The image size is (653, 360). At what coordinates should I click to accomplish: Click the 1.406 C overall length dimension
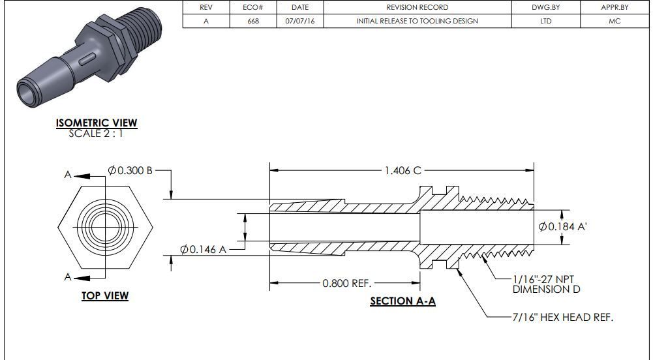[x=402, y=170]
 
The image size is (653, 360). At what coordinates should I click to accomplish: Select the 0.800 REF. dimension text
[x=346, y=283]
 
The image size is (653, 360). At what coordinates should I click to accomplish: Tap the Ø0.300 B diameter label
[x=130, y=170]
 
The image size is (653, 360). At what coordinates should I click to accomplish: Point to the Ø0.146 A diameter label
[x=203, y=249]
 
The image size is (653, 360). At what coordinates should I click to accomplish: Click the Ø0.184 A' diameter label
[x=564, y=226]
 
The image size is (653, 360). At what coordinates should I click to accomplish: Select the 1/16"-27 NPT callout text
[x=546, y=278]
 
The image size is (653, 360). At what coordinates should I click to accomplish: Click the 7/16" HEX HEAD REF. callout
[x=562, y=317]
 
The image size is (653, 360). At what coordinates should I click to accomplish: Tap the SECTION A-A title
[x=402, y=301]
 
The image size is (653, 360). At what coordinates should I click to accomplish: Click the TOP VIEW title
[x=105, y=296]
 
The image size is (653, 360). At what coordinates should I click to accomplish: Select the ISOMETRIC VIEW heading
[x=97, y=123]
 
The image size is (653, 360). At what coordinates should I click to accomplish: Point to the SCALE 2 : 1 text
[x=96, y=134]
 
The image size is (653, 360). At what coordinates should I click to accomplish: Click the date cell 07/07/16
[x=300, y=21]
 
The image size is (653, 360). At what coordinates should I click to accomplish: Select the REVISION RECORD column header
[x=417, y=7]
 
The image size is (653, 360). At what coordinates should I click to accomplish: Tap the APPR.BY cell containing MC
[x=615, y=21]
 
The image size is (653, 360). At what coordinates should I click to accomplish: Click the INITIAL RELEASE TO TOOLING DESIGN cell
[x=417, y=21]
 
